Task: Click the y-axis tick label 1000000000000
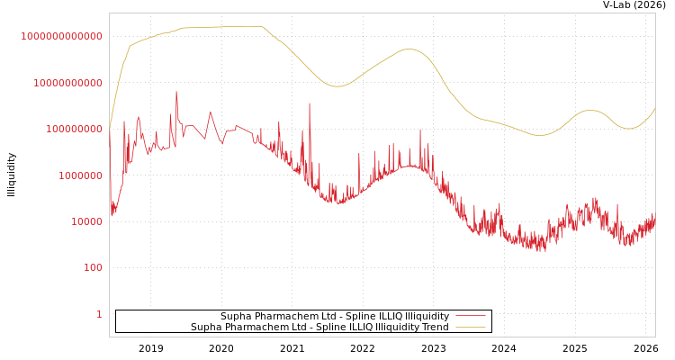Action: click(62, 36)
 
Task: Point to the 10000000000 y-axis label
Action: click(67, 83)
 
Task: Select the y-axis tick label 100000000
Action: click(73, 130)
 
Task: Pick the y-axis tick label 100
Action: click(94, 268)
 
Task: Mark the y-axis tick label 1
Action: click(99, 314)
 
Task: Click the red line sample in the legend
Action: click(470, 317)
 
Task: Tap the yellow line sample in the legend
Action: click(470, 328)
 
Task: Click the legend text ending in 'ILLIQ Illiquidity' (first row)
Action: click(335, 317)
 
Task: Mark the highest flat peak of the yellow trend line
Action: click(243, 26)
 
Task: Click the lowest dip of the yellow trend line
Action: click(540, 135)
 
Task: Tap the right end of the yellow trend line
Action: click(654, 109)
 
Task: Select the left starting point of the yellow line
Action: click(110, 125)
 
